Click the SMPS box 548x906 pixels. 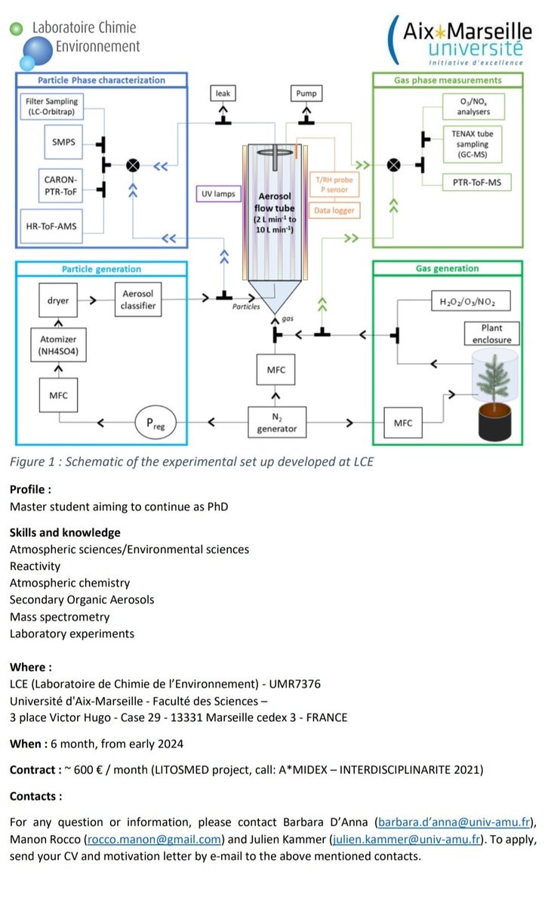[x=63, y=142]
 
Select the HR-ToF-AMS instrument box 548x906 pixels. [x=51, y=226]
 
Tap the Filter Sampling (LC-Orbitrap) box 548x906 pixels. [x=52, y=106]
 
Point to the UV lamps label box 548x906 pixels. [x=218, y=194]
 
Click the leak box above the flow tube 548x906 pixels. [x=223, y=94]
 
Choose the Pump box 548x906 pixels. [x=306, y=94]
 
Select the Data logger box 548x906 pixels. [x=334, y=211]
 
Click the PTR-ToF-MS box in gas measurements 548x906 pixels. [x=477, y=183]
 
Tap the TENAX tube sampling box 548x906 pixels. [x=473, y=144]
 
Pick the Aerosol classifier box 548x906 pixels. [x=138, y=300]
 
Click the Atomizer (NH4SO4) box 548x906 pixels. [x=58, y=345]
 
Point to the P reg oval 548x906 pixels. [x=155, y=423]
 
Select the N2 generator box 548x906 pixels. [x=277, y=423]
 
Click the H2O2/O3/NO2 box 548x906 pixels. [x=471, y=301]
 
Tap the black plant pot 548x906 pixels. [x=494, y=423]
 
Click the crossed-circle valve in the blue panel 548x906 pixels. [x=133, y=165]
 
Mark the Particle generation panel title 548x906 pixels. [x=101, y=269]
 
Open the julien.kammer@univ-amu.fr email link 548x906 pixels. [x=406, y=840]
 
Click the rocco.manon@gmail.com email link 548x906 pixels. [x=155, y=840]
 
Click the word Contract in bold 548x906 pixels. [x=32, y=769]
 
